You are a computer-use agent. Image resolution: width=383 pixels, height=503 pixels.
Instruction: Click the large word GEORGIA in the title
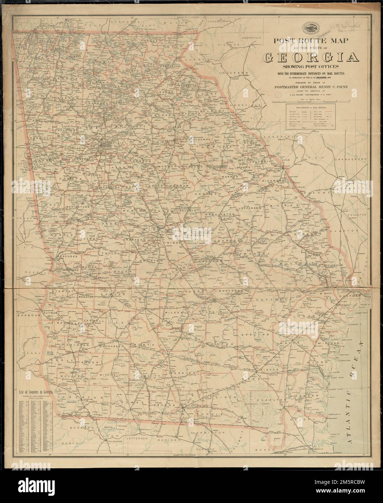[x=312, y=57]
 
